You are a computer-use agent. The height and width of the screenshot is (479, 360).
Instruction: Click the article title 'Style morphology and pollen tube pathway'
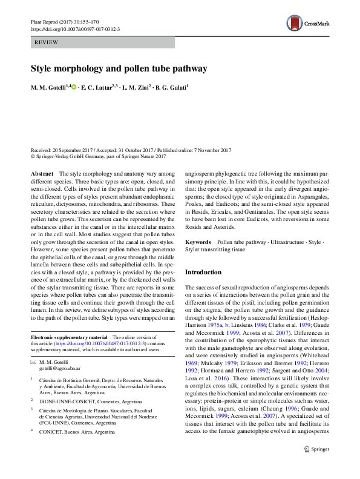[x=119, y=68]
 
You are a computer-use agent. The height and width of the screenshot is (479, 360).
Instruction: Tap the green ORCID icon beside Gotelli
[x=74, y=88]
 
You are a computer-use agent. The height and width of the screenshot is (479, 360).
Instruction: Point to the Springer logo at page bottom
[x=314, y=466]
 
